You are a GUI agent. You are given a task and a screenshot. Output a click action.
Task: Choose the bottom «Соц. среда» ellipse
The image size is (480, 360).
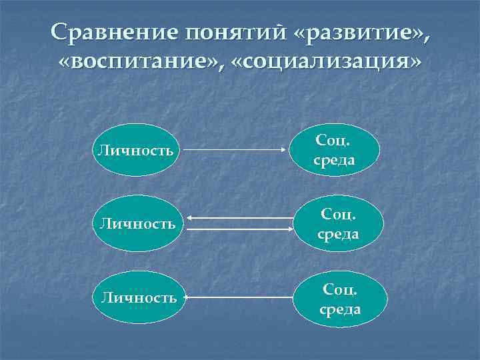[341, 299]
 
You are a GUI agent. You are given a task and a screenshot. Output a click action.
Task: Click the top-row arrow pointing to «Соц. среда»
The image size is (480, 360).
[237, 151]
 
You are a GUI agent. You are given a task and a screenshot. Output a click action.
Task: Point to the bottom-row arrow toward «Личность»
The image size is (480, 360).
[240, 298]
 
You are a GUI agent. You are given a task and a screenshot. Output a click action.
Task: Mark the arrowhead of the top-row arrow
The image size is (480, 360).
[286, 151]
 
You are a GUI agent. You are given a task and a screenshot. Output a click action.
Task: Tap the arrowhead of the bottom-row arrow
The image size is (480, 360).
[189, 298]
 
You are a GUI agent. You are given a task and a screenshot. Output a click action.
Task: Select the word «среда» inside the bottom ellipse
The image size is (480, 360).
[341, 309]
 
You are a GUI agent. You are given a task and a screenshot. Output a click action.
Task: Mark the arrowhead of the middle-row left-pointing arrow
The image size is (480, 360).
[189, 218]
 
